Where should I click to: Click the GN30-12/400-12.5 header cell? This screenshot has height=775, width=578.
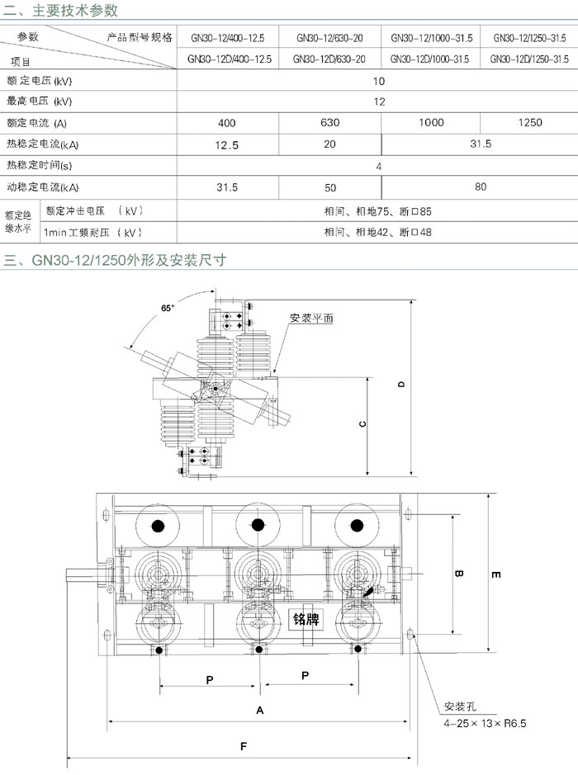click(227, 38)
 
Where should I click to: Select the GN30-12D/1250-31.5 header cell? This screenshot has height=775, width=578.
click(529, 59)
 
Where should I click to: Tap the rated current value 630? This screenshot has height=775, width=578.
click(329, 123)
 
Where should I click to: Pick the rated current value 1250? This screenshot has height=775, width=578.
click(530, 123)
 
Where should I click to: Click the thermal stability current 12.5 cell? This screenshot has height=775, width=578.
click(227, 145)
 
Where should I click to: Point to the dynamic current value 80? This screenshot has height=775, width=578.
click(481, 187)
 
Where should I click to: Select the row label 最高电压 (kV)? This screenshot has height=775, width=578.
click(39, 102)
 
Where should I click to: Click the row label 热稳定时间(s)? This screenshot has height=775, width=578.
click(39, 165)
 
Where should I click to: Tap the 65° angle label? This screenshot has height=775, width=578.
click(167, 308)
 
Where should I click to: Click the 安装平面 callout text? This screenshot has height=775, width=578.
click(311, 318)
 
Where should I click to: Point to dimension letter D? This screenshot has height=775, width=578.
click(401, 384)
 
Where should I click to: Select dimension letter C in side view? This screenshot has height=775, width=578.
click(362, 424)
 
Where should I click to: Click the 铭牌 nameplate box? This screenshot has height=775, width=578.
click(306, 619)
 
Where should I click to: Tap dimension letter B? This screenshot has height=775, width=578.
click(458, 574)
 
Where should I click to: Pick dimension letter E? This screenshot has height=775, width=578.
click(496, 574)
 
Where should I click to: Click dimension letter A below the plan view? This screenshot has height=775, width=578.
click(259, 711)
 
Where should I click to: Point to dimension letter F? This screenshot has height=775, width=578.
click(244, 746)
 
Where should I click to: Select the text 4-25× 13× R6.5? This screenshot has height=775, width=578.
click(485, 724)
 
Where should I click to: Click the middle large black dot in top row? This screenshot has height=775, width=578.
click(258, 525)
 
